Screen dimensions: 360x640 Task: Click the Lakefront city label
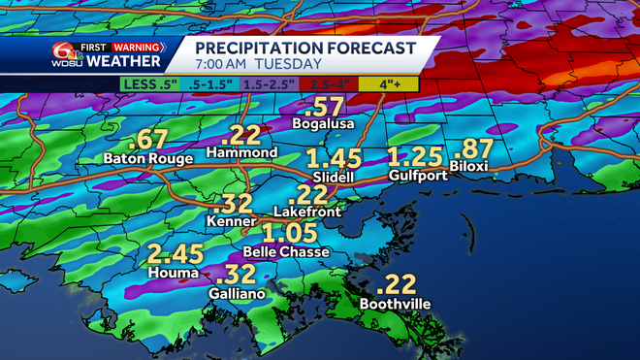point(307,210)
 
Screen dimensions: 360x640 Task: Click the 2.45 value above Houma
point(176,255)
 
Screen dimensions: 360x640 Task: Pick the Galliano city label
point(237,292)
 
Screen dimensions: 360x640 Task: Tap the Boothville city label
point(395,303)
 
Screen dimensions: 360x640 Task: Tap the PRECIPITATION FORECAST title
point(305,47)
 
